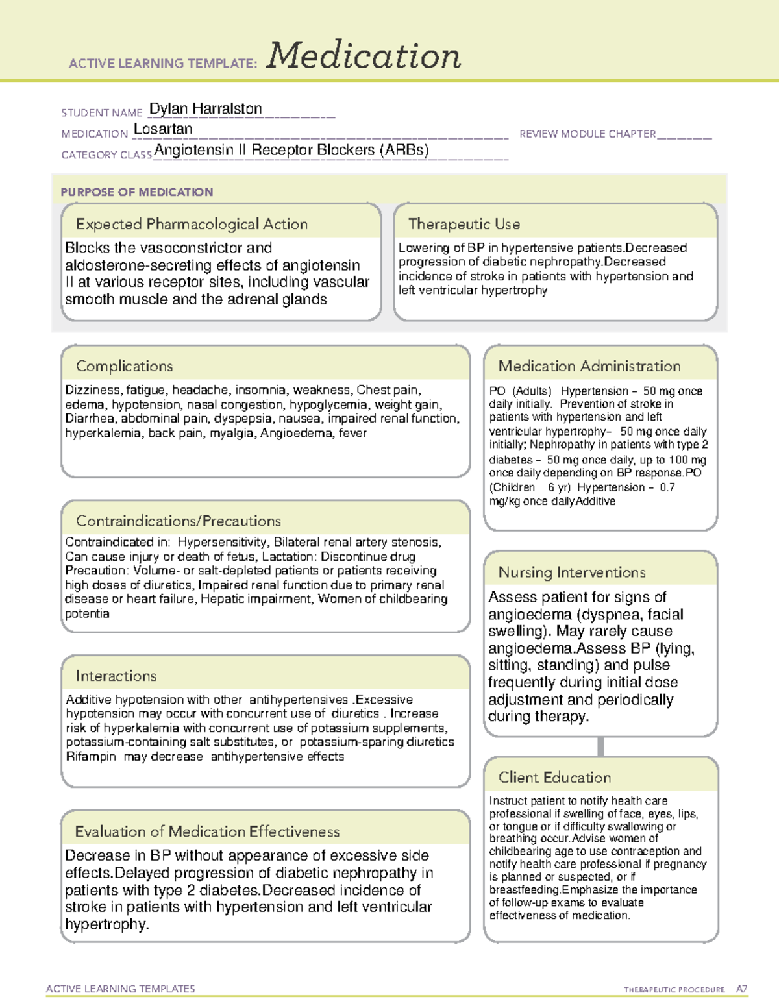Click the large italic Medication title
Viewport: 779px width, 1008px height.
(x=364, y=56)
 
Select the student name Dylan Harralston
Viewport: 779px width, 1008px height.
(x=206, y=109)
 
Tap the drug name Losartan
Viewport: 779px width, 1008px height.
(x=163, y=129)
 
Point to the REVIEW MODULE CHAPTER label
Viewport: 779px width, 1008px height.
(x=587, y=134)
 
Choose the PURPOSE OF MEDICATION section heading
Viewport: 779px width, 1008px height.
(x=137, y=192)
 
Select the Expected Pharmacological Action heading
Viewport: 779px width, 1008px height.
(x=192, y=224)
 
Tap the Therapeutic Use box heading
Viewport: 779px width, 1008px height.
(x=464, y=224)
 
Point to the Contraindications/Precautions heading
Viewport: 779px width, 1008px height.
(x=179, y=521)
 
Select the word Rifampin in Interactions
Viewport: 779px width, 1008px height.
(x=91, y=757)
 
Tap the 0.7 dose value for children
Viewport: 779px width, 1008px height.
(x=667, y=487)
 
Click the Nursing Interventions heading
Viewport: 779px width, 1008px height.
(x=572, y=572)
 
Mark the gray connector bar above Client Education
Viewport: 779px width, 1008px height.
(x=600, y=747)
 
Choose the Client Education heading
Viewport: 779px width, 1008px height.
(x=554, y=778)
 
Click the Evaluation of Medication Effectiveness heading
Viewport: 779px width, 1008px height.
(x=207, y=831)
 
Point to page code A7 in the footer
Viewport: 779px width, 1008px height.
(x=741, y=989)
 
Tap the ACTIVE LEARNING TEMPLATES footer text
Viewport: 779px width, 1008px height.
(x=121, y=989)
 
